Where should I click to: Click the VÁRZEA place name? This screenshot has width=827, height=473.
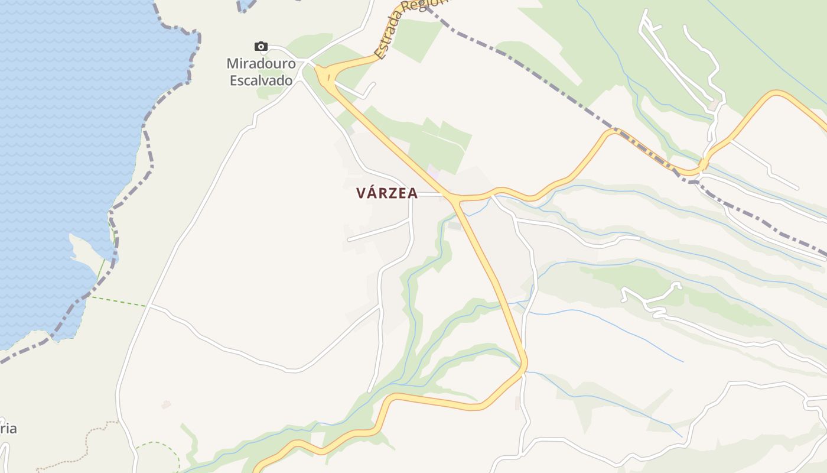point(387,193)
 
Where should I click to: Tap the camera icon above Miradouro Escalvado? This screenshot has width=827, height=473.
point(261,47)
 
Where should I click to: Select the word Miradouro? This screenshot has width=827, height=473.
point(261,63)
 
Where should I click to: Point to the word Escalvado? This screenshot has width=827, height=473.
point(261,80)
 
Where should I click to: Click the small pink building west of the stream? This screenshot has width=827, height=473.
point(166,405)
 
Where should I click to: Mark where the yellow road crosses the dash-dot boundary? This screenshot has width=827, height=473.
point(702,166)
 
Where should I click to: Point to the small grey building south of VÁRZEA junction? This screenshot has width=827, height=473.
point(454,225)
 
